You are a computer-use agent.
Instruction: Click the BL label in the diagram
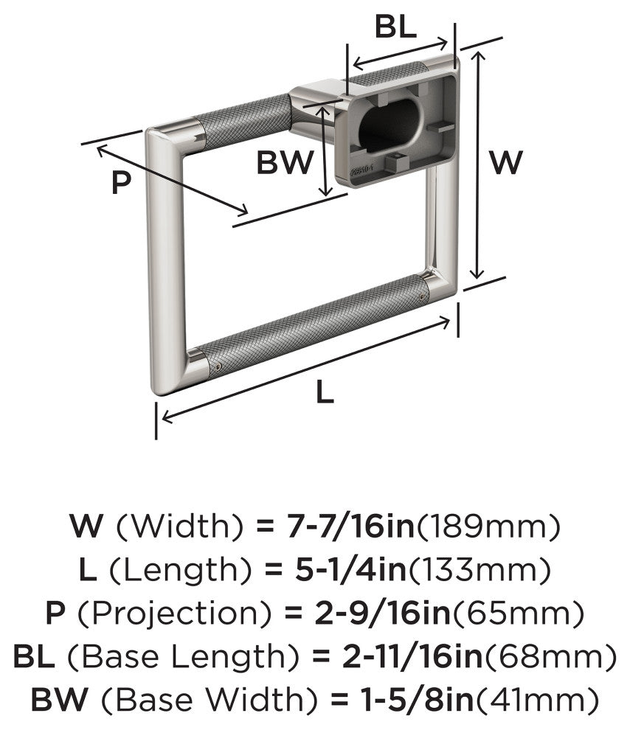tap(395, 27)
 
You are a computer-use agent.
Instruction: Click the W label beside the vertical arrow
tap(506, 162)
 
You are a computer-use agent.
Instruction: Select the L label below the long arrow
tap(325, 392)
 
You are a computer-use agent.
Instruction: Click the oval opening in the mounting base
tap(391, 125)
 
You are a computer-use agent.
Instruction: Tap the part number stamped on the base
tap(361, 173)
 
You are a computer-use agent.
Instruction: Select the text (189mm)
tap(488, 526)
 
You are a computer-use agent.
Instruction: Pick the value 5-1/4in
tap(350, 569)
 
